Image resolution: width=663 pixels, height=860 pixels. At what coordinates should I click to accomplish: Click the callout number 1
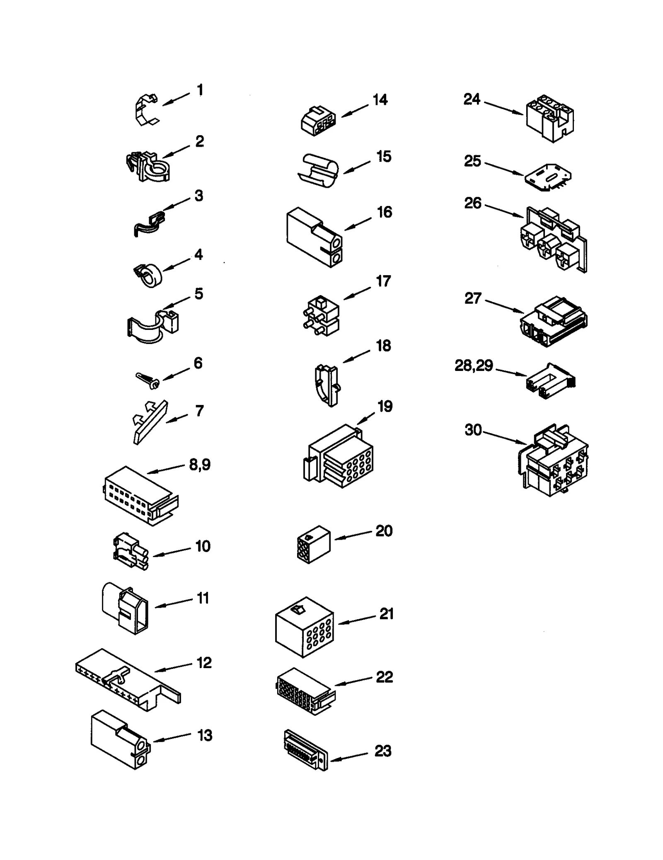pos(200,90)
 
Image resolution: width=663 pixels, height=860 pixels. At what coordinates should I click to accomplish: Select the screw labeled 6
pos(148,380)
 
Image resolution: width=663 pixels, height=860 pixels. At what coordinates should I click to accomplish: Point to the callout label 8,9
pos(200,465)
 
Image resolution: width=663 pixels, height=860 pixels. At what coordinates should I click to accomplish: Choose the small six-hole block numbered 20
pos(314,544)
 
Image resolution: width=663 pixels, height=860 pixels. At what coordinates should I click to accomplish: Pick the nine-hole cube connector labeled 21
pos(305,627)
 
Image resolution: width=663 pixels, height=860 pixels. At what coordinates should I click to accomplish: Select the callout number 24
pos(472,99)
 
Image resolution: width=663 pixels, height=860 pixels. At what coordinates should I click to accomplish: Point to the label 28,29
pos(474,366)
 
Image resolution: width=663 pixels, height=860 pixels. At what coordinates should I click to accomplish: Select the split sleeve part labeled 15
pos(318,170)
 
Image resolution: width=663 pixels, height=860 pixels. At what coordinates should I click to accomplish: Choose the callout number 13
pos(205,735)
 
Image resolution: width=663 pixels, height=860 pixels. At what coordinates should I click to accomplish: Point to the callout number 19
pos(385,407)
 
